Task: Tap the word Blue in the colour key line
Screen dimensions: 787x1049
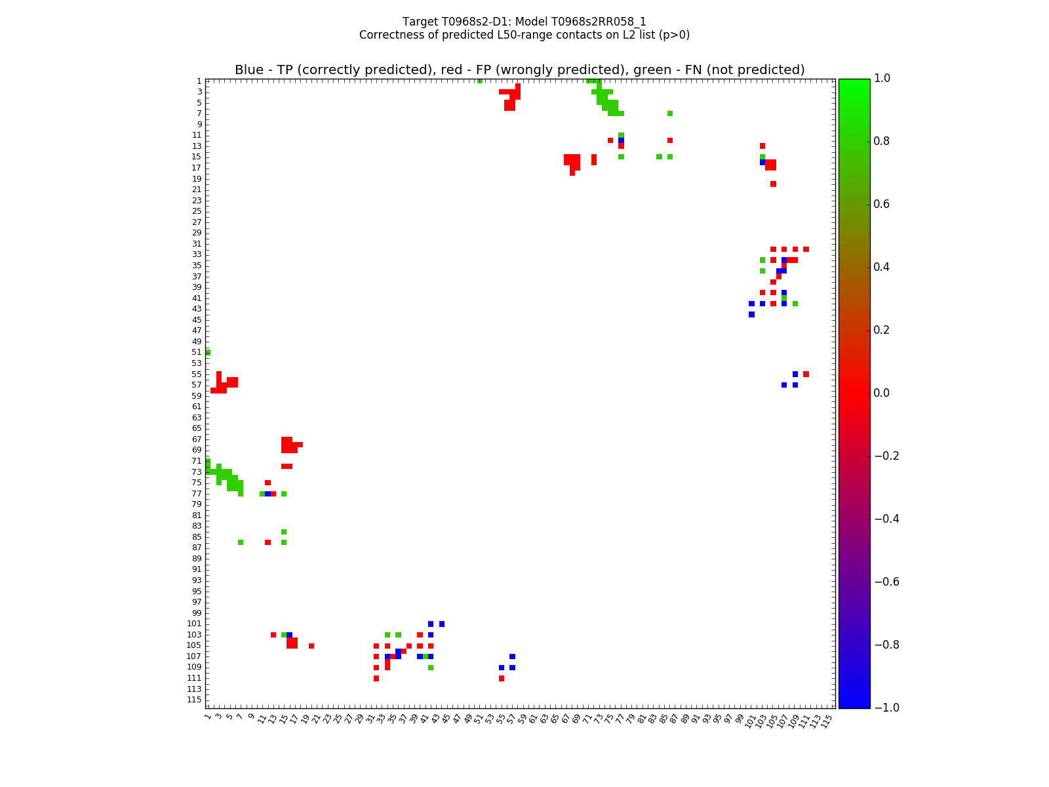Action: coord(249,70)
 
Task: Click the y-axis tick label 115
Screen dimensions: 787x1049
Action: coord(194,700)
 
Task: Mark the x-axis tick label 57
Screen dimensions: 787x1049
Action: coord(511,719)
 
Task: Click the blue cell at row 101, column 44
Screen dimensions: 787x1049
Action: coord(442,624)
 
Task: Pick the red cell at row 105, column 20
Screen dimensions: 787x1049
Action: coord(311,646)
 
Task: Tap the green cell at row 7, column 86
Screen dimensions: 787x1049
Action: coord(670,113)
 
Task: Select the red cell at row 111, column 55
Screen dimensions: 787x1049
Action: coord(502,678)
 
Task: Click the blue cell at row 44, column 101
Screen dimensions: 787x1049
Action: coord(751,315)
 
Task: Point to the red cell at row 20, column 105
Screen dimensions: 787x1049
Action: coord(773,184)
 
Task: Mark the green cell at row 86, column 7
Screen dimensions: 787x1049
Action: coord(241,542)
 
